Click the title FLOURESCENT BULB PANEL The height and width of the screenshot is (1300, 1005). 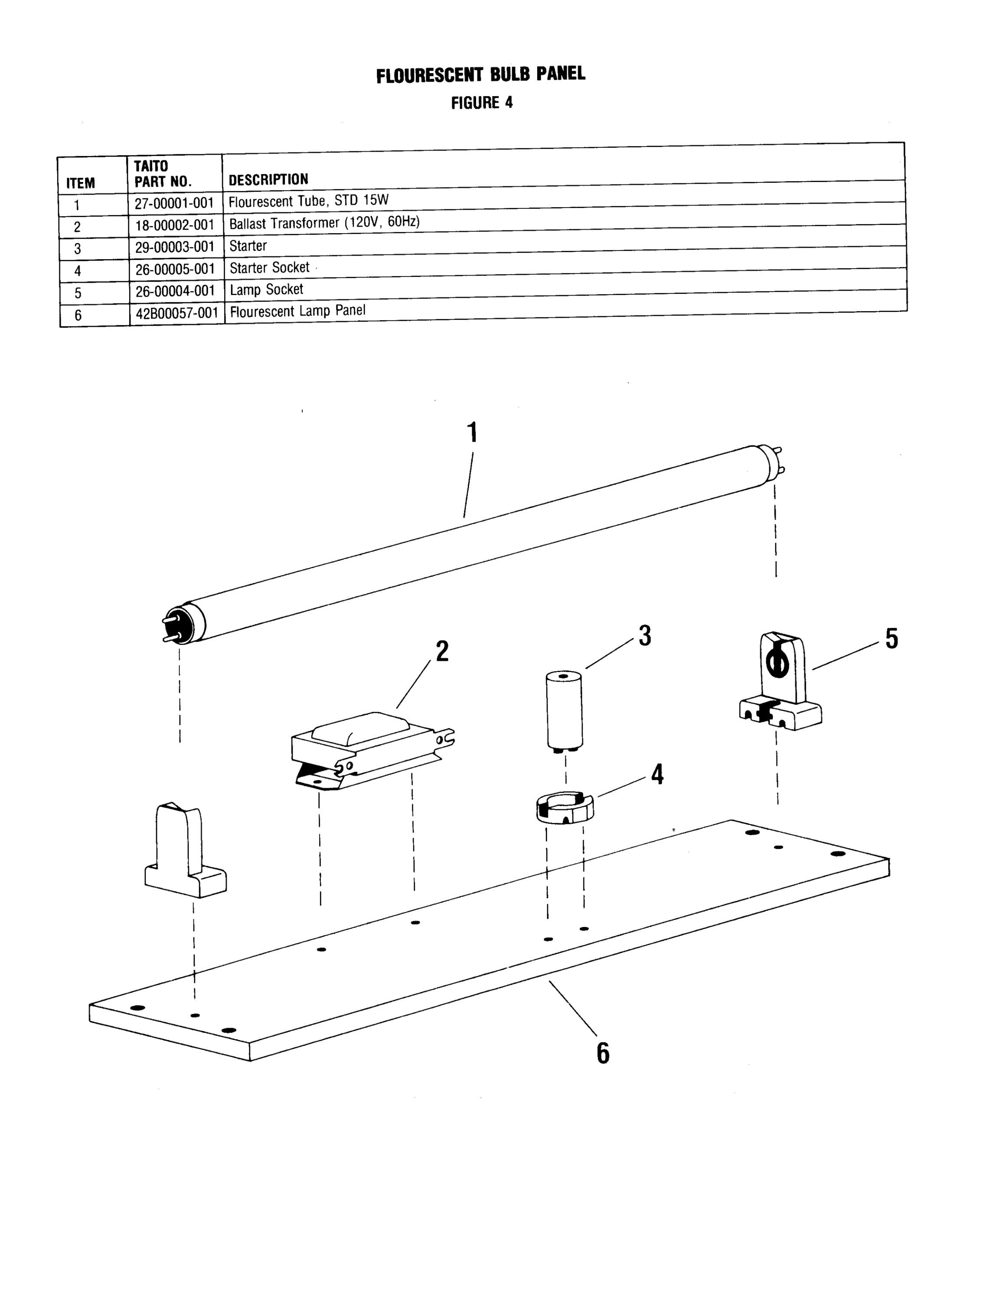480,75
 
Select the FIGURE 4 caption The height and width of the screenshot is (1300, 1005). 482,103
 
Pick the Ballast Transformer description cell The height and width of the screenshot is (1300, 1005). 324,224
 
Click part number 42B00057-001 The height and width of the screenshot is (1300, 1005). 177,313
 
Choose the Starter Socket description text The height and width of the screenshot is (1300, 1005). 270,268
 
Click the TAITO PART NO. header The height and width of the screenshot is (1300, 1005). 163,174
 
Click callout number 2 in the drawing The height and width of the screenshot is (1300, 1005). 442,652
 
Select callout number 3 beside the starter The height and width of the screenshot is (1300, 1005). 645,636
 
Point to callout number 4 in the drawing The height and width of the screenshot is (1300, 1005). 657,774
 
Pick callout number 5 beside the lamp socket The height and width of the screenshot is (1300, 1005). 891,639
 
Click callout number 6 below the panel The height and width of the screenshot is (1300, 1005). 603,1053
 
